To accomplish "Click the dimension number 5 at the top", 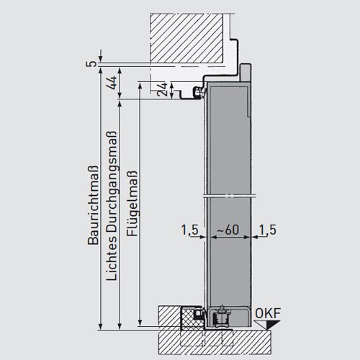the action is click(91, 64).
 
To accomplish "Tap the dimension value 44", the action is click(112, 83).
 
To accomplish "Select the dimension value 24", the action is click(162, 89).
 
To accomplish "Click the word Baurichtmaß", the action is click(93, 205).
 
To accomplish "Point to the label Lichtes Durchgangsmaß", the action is click(112, 206).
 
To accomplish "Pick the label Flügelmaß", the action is click(132, 204).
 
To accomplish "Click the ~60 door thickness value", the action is click(228, 230).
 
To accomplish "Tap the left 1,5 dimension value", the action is click(190, 230).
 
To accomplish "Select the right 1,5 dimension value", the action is click(268, 230).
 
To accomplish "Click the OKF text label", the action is click(268, 313).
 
